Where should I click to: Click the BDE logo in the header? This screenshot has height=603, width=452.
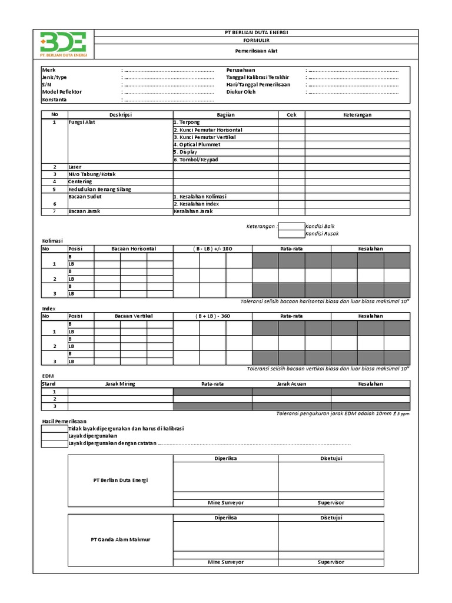click(63, 44)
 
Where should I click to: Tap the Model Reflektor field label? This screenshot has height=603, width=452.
click(62, 92)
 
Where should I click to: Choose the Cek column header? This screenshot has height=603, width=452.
click(291, 115)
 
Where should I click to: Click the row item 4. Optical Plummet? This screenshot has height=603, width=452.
click(197, 144)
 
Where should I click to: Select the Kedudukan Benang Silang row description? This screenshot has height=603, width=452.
click(99, 190)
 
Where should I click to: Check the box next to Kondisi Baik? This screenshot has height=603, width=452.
click(291, 226)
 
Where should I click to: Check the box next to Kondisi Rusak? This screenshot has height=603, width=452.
click(291, 234)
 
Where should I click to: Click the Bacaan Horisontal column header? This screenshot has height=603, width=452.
click(134, 249)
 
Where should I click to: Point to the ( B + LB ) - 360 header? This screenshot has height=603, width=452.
click(212, 316)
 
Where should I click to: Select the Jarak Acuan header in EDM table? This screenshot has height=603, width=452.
click(291, 384)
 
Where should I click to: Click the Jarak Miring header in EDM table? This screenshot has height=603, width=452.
click(120, 384)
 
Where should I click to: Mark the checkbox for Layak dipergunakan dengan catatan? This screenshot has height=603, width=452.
click(55, 443)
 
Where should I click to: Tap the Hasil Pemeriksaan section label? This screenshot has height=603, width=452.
click(64, 422)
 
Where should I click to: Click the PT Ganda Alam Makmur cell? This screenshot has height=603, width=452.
click(120, 539)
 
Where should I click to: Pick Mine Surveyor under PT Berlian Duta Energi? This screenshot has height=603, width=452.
click(225, 503)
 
